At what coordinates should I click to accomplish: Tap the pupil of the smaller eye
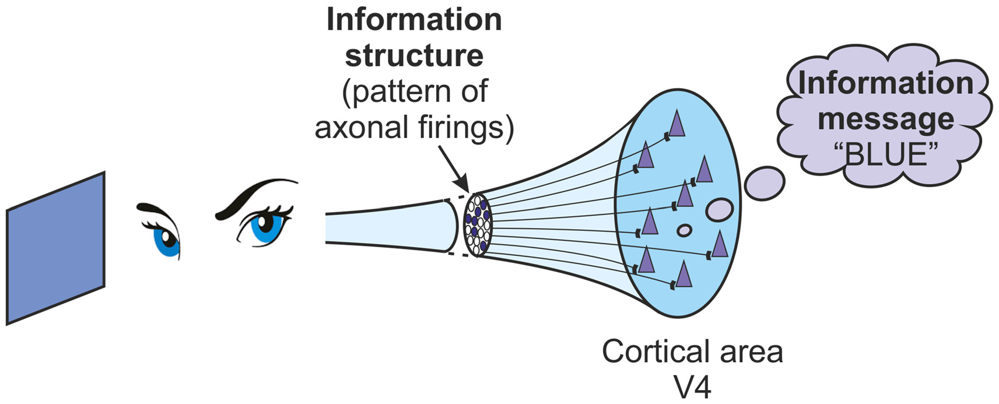coord(165,238)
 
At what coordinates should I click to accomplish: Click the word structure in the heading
coord(414,55)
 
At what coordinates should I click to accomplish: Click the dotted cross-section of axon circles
coord(478,225)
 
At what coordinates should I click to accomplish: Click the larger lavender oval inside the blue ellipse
coord(719,210)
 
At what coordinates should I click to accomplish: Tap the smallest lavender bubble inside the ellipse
coord(684,231)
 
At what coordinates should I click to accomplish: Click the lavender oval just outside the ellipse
coord(765,183)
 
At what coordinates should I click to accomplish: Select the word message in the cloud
coord(885,119)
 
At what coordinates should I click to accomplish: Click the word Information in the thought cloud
coord(885,83)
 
